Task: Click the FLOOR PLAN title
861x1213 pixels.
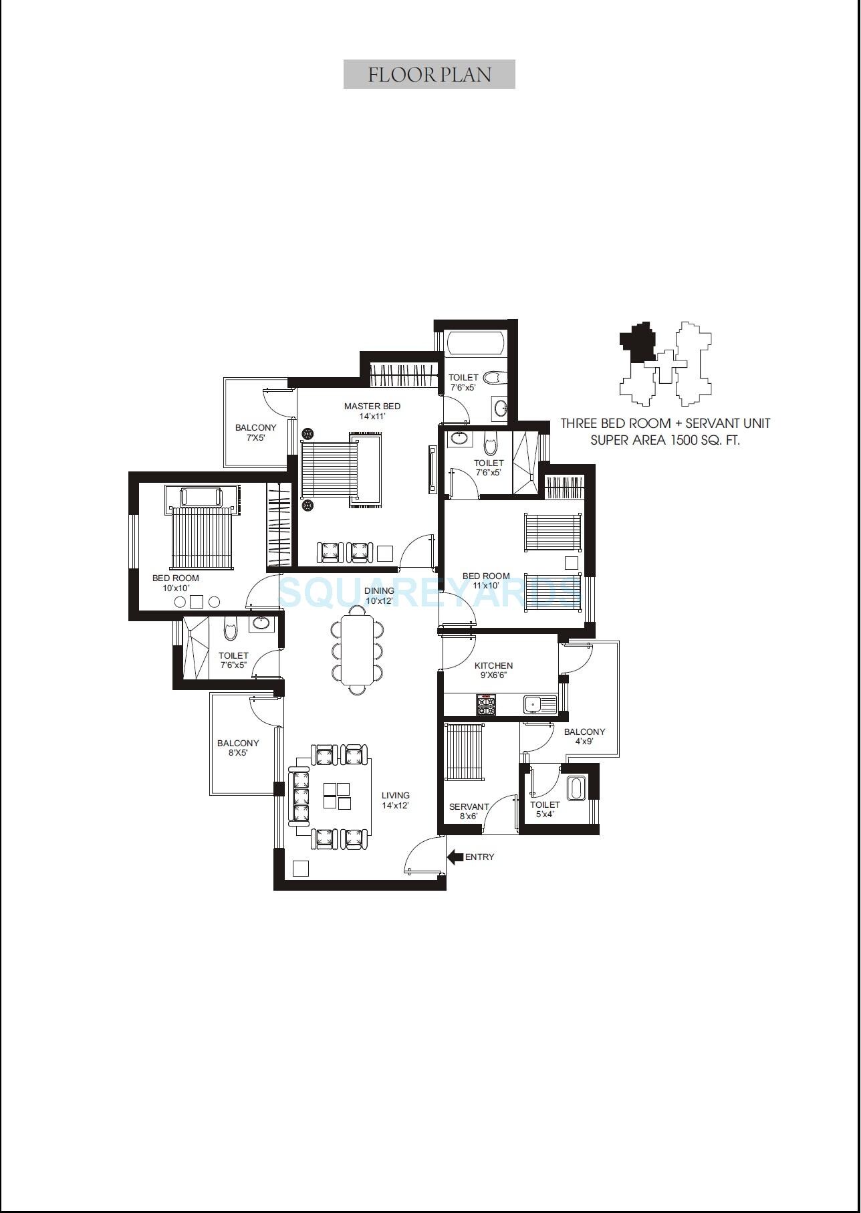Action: click(429, 74)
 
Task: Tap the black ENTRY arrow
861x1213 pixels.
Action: click(455, 857)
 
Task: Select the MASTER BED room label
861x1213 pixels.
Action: click(372, 411)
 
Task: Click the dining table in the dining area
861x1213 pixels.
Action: click(358, 650)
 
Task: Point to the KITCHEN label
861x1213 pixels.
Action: click(493, 670)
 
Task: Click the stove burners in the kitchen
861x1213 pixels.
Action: click(486, 705)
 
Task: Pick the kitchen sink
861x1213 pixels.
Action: click(533, 705)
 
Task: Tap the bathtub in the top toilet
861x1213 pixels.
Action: click(475, 343)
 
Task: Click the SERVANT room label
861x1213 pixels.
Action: click(469, 811)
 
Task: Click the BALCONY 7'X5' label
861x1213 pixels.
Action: click(255, 433)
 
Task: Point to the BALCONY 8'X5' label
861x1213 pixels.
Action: click(238, 748)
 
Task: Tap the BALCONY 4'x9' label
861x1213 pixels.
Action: click(584, 736)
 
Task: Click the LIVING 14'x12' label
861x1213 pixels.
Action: click(395, 800)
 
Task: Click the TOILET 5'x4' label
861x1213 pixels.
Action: click(545, 809)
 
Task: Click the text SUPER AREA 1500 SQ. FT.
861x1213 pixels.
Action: click(665, 441)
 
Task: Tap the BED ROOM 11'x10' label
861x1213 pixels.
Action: click(486, 580)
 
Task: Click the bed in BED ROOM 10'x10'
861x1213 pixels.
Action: click(201, 538)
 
